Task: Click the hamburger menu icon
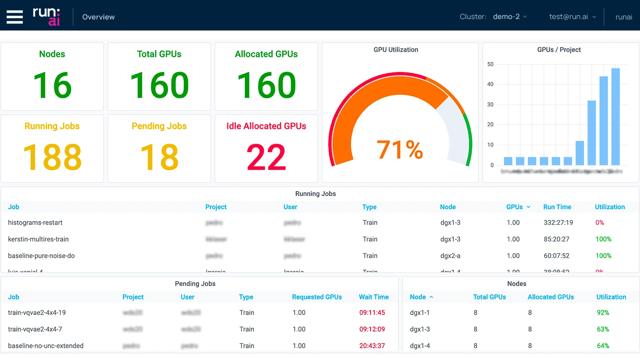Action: [15, 17]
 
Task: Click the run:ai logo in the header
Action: [47, 17]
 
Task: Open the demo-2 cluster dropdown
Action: [510, 17]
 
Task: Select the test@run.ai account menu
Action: [572, 17]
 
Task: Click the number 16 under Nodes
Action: [52, 86]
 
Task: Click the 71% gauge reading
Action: [400, 150]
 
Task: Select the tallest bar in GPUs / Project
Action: [615, 116]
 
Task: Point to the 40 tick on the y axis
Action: [490, 84]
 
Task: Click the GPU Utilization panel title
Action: [396, 50]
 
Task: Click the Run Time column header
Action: [557, 207]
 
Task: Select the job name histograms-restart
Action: [35, 223]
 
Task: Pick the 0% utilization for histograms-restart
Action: [599, 223]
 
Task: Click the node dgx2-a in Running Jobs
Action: [450, 256]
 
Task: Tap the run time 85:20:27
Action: [556, 239]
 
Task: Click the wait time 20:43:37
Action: [372, 346]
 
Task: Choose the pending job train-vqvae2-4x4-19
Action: [37, 313]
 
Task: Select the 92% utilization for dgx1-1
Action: [603, 313]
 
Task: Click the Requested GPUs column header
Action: [317, 297]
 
